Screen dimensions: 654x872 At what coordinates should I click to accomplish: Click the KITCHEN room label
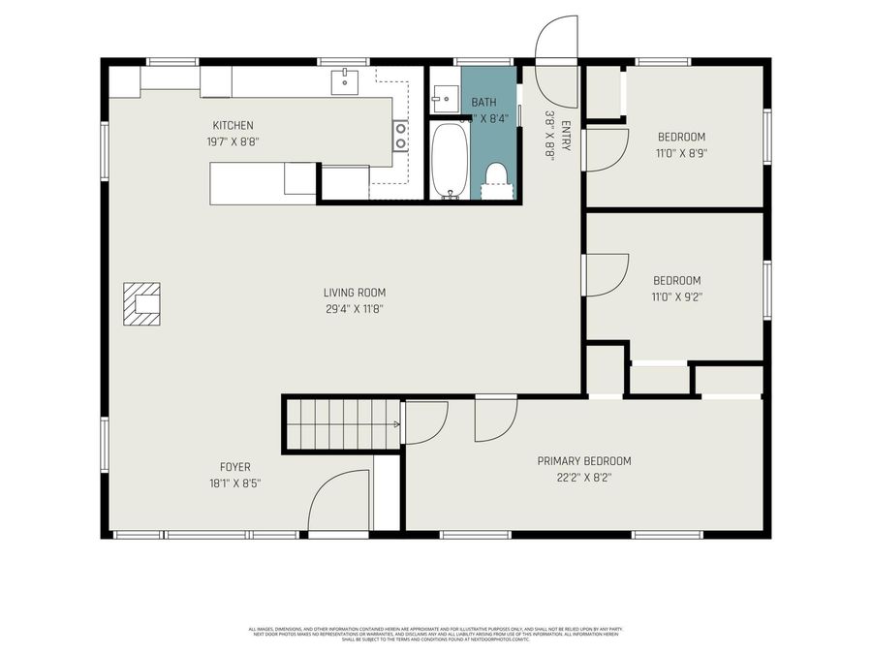tap(233, 125)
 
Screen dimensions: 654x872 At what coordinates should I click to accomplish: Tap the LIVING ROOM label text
tap(355, 293)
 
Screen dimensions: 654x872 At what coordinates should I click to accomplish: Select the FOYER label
tap(234, 467)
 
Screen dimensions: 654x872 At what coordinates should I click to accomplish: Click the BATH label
tap(483, 103)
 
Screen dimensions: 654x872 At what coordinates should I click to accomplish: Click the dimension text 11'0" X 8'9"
tap(681, 153)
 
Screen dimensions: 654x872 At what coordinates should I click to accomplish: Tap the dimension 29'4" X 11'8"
tap(355, 309)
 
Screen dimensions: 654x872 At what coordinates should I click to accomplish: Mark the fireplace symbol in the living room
tap(142, 307)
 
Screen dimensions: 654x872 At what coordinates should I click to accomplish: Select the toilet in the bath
tap(497, 176)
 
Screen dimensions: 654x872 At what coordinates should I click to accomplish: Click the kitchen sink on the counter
tap(346, 83)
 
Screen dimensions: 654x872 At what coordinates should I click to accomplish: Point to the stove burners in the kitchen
tap(399, 136)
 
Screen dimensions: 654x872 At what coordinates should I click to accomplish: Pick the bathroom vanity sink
tap(445, 97)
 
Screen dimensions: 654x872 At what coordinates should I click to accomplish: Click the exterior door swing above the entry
tap(557, 41)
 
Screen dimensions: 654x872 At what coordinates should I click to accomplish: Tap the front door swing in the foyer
tap(339, 502)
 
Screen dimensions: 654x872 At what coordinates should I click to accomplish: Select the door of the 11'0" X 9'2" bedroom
tap(605, 274)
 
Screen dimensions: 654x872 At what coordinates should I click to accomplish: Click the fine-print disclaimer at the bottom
tap(436, 634)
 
